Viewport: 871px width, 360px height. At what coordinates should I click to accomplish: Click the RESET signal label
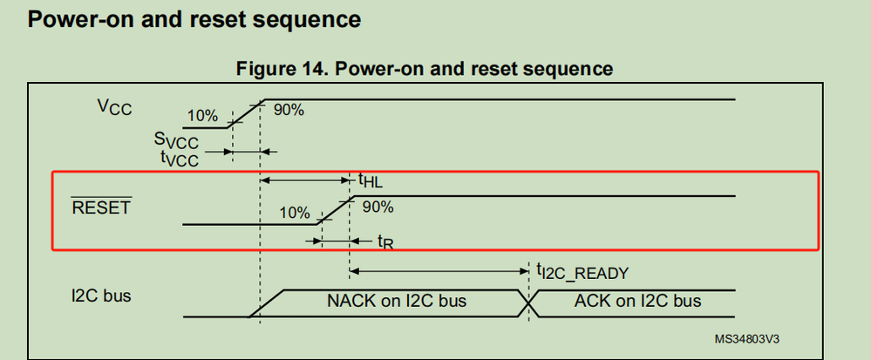(x=100, y=208)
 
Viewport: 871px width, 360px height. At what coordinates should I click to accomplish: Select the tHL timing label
(x=370, y=180)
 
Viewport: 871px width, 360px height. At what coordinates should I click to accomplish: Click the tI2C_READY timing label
(x=582, y=273)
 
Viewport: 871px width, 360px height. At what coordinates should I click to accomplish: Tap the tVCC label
(x=179, y=159)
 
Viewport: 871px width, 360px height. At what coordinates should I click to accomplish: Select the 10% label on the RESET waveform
(x=294, y=212)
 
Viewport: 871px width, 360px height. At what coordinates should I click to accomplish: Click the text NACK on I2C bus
(x=397, y=302)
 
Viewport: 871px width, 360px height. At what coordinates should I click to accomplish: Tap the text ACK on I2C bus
(x=638, y=302)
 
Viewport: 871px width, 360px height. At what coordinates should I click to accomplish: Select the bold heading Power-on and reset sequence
(x=195, y=17)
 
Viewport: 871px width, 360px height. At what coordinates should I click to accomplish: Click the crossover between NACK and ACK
(x=527, y=302)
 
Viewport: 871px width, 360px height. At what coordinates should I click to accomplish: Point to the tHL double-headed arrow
(x=305, y=180)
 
